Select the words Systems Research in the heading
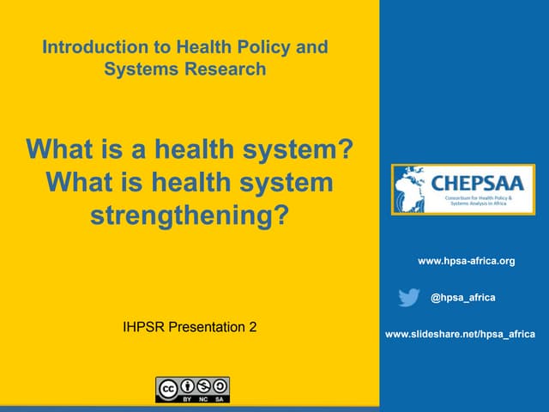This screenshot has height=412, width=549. (x=185, y=69)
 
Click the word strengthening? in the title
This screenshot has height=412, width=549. (x=188, y=215)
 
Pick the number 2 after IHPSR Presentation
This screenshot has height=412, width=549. (x=252, y=327)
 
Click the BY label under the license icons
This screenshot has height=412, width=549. (x=188, y=400)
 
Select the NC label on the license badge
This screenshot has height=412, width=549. (x=204, y=400)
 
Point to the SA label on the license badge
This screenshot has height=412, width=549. (x=220, y=400)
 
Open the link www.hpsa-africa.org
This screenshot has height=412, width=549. (x=466, y=260)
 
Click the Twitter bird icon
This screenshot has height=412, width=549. (x=409, y=298)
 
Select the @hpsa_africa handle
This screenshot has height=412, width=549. (x=462, y=297)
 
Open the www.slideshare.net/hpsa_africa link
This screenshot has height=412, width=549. (x=460, y=334)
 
